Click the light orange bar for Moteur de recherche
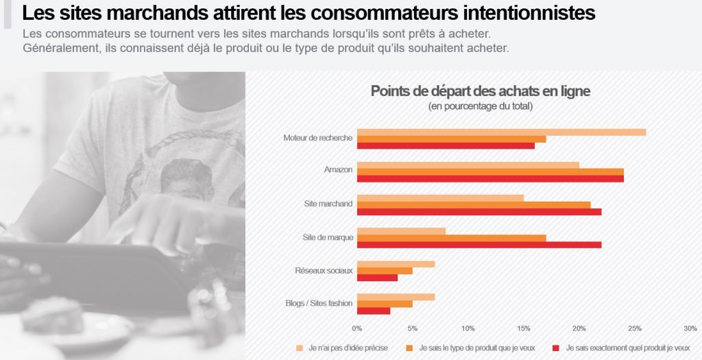(x=501, y=132)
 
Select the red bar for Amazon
(x=490, y=178)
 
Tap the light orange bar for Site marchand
(x=440, y=198)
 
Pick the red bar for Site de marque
(x=479, y=245)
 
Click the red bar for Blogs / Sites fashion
(x=374, y=311)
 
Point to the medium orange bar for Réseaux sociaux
(x=385, y=271)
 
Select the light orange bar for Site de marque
(x=401, y=231)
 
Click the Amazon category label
(x=338, y=170)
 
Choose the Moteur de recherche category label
(x=318, y=138)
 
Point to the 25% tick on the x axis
(x=635, y=328)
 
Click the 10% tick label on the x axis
(x=468, y=328)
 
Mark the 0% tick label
(x=357, y=328)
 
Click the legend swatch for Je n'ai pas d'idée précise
(x=299, y=348)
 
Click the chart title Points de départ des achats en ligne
(x=480, y=91)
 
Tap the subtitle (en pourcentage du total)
(x=480, y=106)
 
